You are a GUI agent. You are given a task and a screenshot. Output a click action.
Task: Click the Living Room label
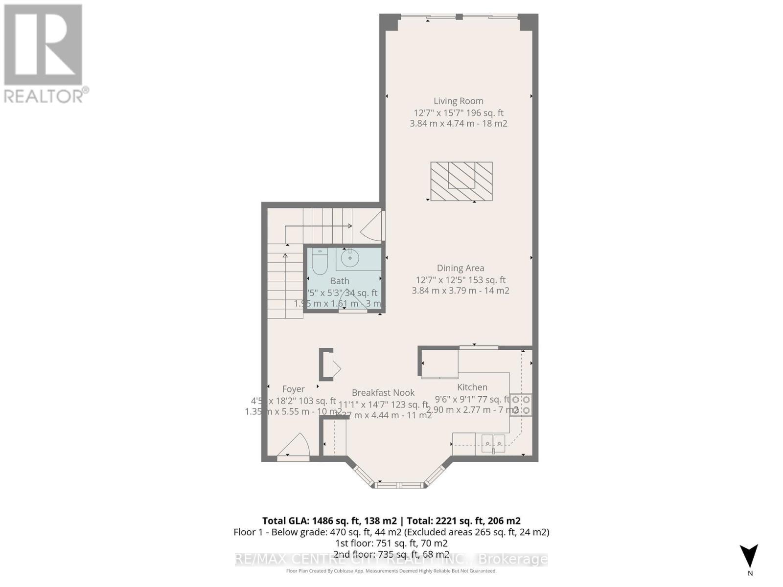458,101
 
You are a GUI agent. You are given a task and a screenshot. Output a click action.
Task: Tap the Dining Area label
460,268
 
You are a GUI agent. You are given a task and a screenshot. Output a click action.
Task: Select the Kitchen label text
472,387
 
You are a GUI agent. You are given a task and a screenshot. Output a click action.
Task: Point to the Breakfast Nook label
383,393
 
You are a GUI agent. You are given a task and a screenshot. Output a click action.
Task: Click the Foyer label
293,389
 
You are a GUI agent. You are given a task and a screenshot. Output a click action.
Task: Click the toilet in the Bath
320,263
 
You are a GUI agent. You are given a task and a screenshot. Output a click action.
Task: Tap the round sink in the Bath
350,258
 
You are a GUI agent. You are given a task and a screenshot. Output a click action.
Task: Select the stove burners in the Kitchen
521,405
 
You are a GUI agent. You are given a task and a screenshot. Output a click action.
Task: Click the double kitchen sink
493,443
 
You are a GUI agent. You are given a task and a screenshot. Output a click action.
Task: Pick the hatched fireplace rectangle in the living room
461,181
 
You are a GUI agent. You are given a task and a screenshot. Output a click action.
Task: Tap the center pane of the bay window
399,485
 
